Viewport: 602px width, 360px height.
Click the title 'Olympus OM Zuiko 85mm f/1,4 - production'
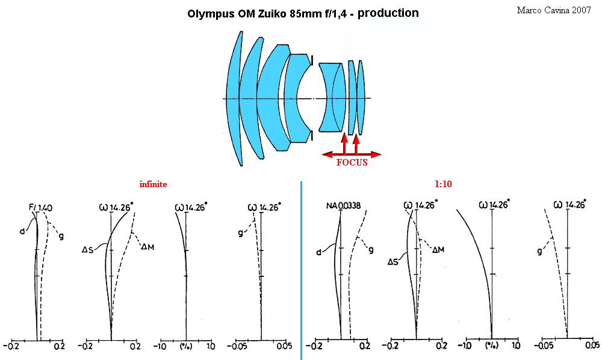click(x=303, y=13)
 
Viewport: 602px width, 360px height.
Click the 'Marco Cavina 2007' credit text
click(x=554, y=10)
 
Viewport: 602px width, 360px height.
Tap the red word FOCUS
click(x=352, y=163)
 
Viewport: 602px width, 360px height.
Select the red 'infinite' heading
click(x=153, y=184)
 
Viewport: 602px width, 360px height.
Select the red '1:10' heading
click(x=443, y=184)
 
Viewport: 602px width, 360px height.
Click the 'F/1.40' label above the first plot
click(x=41, y=208)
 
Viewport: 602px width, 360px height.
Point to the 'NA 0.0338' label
click(x=344, y=206)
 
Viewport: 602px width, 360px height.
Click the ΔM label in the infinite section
click(x=147, y=247)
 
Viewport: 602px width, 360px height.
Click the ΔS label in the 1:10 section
click(x=393, y=262)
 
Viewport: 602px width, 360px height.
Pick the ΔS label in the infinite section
click(x=87, y=250)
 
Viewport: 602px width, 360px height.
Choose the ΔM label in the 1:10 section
click(x=438, y=250)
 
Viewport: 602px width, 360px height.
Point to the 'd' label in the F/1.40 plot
click(x=22, y=231)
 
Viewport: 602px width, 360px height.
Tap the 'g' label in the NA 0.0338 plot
click(x=371, y=250)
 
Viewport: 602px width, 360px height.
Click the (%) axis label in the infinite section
click(x=186, y=346)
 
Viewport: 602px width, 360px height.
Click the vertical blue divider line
click(x=302, y=270)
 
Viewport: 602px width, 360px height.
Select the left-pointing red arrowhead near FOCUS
click(x=327, y=155)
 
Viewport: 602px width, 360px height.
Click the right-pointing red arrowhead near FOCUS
click(x=376, y=155)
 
